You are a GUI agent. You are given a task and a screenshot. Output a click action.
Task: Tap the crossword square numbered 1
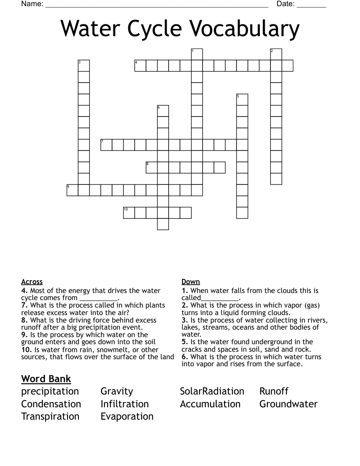197,54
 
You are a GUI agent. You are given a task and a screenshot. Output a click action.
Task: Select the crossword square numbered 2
276,54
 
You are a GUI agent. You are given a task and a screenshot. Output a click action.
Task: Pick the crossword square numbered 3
84,66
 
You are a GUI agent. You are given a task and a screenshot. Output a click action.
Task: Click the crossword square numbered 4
140,66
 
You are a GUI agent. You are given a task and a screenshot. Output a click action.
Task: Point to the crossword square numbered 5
242,99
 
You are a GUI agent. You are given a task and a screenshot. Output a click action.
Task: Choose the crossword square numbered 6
163,111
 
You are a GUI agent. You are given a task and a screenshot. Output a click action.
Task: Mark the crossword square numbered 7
106,145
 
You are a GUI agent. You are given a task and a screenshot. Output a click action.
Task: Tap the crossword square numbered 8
152,167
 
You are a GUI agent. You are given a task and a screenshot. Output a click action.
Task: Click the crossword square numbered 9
72,190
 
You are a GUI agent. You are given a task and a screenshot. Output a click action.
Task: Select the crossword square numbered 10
129,213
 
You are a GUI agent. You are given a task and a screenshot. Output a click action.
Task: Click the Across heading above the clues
32,282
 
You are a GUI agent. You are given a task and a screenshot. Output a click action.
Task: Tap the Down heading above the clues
191,282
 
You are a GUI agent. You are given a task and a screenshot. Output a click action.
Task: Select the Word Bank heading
46,379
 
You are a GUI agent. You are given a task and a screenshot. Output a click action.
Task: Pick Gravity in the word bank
117,391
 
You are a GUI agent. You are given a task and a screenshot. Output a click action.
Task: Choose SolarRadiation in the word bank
212,391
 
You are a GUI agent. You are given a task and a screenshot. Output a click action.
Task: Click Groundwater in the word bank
289,404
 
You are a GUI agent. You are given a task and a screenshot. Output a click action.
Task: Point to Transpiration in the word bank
50,417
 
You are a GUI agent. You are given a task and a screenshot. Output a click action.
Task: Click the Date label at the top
285,4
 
